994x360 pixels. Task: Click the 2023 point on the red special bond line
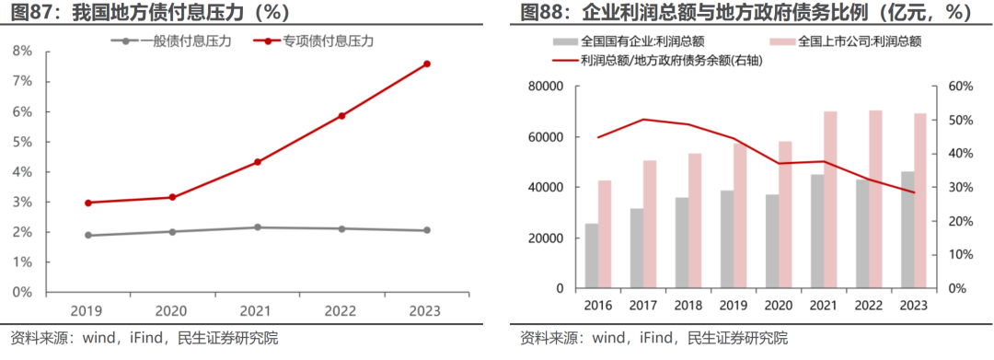pyautogui.click(x=427, y=64)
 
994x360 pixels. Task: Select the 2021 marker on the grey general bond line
pyautogui.click(x=258, y=227)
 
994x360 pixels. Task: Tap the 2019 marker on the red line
pyautogui.click(x=88, y=203)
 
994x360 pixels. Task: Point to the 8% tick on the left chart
pyautogui.click(x=22, y=52)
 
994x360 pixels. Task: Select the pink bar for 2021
pyautogui.click(x=830, y=200)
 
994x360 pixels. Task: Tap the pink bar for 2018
pyautogui.click(x=696, y=221)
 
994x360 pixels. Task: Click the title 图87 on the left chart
pyautogui.click(x=27, y=12)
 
